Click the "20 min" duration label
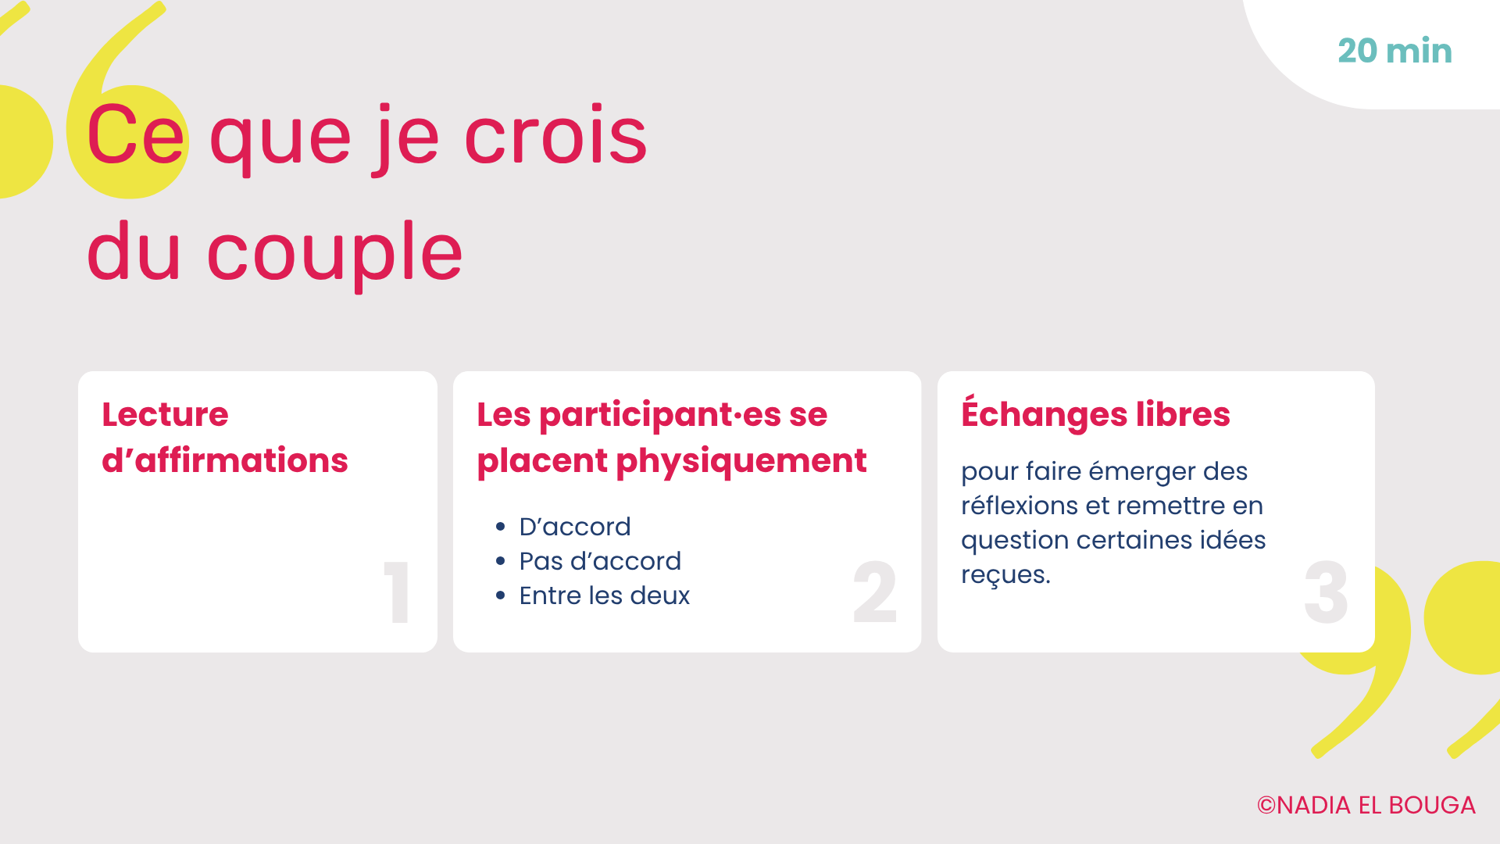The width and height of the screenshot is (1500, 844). coord(1395,51)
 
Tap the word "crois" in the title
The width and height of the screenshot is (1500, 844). coord(555,136)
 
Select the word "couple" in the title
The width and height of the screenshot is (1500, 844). coord(335,251)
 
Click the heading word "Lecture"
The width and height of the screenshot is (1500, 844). coord(165,414)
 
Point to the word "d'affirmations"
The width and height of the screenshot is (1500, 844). coord(225,460)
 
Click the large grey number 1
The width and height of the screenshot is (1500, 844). coord(397,592)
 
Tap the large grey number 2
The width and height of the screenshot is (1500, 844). coord(875,592)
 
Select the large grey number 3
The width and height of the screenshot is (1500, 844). coord(1327,592)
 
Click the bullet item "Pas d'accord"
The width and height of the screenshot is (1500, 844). coord(600,561)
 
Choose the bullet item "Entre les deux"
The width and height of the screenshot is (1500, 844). coord(605,595)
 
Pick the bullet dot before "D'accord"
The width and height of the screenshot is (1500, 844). coord(501,527)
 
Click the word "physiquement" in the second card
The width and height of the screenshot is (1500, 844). coord(741,462)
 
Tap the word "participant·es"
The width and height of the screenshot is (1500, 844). coord(660,416)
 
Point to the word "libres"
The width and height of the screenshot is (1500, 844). coord(1183,414)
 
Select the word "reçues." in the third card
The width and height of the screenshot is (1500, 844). coord(1006,575)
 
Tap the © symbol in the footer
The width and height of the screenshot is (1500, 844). coord(1266,806)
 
